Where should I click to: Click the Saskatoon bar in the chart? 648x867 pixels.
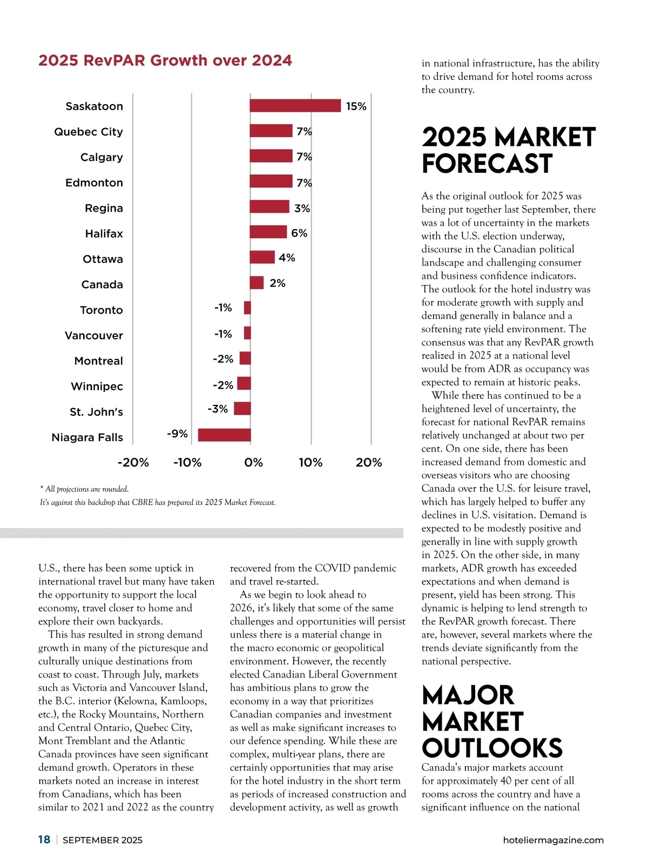tap(295, 106)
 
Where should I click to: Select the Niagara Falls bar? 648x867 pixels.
tap(224, 435)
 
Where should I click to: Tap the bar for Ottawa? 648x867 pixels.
tap(262, 258)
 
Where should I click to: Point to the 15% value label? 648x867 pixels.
tap(356, 106)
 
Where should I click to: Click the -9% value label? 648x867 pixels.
tap(177, 434)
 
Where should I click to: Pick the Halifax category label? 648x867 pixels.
tap(104, 234)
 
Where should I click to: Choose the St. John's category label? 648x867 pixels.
tap(96, 412)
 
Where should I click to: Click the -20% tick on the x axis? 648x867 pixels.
tap(133, 463)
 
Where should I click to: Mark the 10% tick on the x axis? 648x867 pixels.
tap(310, 463)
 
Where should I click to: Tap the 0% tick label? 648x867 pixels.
tap(253, 463)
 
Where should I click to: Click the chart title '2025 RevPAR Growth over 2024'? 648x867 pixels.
tap(165, 60)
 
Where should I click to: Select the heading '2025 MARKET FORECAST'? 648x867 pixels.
tap(508, 150)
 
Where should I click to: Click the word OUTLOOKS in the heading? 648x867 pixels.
tap(492, 748)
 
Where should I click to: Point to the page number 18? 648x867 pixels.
tap(44, 839)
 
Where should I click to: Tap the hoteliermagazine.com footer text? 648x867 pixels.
tap(553, 840)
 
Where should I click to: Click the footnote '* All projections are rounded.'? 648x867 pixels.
tap(84, 489)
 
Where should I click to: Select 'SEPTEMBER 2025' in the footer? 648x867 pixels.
tap(103, 840)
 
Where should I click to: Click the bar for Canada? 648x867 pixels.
tap(256, 283)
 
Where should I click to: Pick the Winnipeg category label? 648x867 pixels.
tap(97, 387)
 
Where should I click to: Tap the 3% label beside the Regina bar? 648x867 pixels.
tap(302, 208)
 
